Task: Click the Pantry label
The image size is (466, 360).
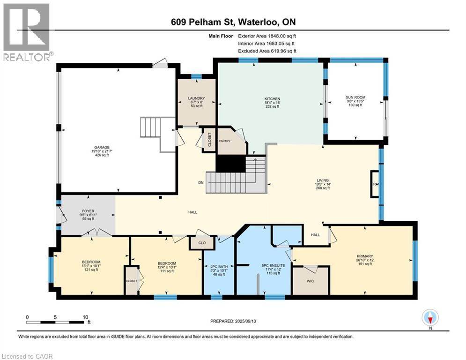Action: [x=224, y=141]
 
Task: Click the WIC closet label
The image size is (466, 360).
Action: [x=310, y=281]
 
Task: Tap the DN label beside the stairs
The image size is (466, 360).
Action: [x=201, y=183]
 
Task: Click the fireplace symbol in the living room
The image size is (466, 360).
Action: [x=375, y=184]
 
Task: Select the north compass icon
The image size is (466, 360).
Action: [x=430, y=318]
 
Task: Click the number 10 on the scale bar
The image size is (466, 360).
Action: [x=86, y=317]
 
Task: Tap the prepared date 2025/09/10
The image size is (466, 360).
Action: [x=245, y=321]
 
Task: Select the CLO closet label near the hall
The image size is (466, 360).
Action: [x=202, y=243]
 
